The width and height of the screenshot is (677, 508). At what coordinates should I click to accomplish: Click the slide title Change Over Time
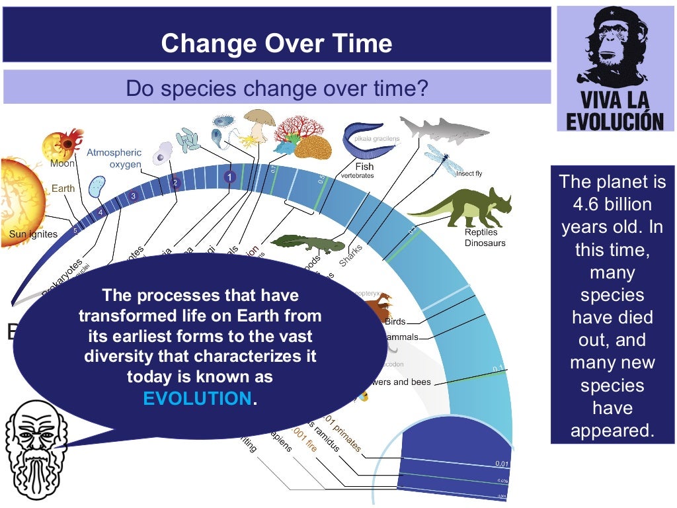[276, 44]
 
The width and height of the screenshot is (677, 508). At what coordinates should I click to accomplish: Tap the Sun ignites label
[33, 233]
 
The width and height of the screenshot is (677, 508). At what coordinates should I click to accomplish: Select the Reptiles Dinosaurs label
[485, 237]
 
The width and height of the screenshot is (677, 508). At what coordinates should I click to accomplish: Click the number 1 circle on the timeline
[229, 177]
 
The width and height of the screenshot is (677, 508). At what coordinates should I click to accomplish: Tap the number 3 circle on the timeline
[134, 196]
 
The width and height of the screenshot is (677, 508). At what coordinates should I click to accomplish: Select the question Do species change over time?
[276, 87]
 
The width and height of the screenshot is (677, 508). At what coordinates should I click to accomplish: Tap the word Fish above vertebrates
[364, 167]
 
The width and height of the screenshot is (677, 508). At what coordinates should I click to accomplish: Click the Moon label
[62, 164]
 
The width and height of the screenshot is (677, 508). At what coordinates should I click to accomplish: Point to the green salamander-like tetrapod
[307, 243]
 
